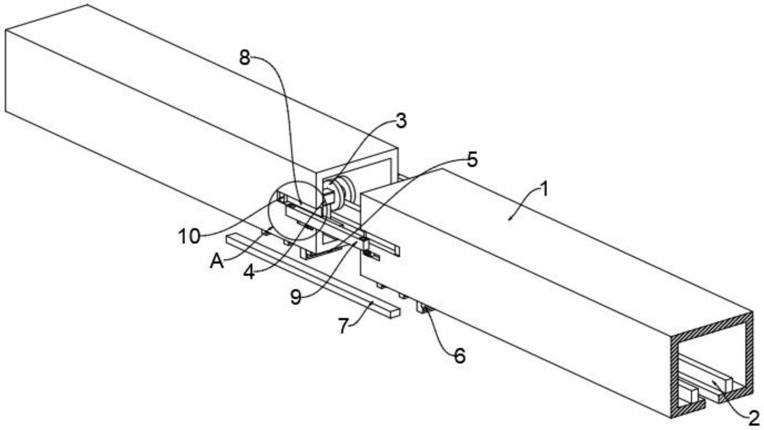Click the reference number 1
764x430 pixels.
[x=544, y=189]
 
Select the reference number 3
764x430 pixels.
[x=401, y=121]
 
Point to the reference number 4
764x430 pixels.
[x=249, y=272]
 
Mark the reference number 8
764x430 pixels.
[x=245, y=58]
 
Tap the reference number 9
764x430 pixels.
[x=296, y=296]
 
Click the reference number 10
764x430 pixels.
[x=189, y=236]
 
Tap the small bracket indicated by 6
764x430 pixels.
[x=423, y=308]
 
